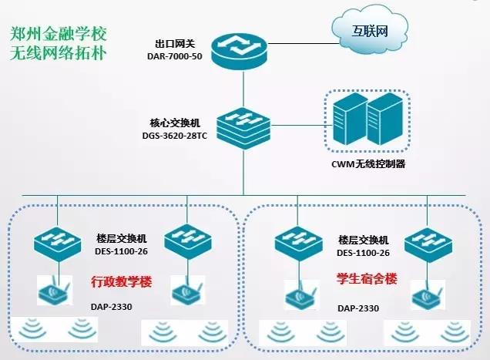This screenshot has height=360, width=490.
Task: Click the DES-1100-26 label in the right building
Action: [x=364, y=253]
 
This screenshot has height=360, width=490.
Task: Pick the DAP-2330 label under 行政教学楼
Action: [x=113, y=308]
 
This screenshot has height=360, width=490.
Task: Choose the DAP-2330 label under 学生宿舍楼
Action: [x=357, y=308]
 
